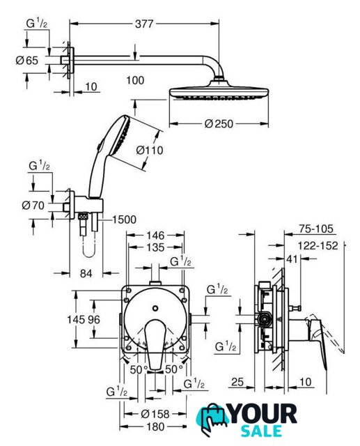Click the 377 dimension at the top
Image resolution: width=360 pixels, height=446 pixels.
[x=144, y=24]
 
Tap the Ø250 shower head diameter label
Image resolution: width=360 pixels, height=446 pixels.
[x=219, y=124]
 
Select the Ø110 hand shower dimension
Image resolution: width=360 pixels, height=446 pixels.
[x=150, y=151]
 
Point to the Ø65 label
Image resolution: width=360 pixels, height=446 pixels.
[x=27, y=61]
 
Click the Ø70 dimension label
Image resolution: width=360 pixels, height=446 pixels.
[x=33, y=205]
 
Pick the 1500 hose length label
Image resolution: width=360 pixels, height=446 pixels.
[x=124, y=220]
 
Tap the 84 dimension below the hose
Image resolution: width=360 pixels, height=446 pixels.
[x=86, y=273]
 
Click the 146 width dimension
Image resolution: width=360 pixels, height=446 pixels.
[x=155, y=236]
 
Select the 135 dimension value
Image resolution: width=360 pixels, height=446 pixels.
[x=156, y=247]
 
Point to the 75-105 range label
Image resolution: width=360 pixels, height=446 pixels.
[x=316, y=229]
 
